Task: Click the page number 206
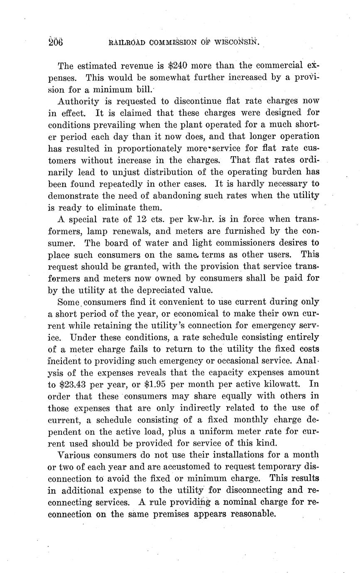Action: (x=55, y=42)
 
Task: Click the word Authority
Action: (x=78, y=101)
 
